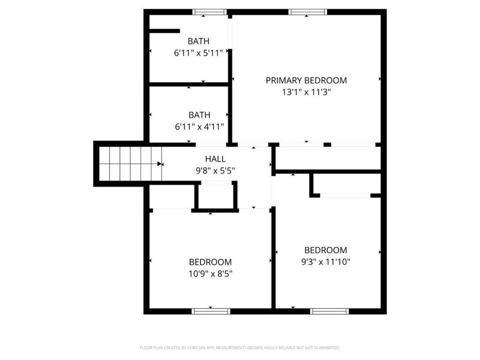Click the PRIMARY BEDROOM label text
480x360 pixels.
click(x=306, y=80)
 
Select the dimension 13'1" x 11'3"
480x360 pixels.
click(x=306, y=92)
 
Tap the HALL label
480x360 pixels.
click(x=215, y=159)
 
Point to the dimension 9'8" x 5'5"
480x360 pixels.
click(x=215, y=170)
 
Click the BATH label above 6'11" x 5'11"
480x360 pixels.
click(x=199, y=41)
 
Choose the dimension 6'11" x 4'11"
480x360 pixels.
click(x=199, y=126)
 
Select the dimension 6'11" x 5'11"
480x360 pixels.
click(x=199, y=53)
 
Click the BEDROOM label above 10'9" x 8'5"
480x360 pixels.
click(x=210, y=262)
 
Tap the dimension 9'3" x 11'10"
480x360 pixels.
click(x=325, y=262)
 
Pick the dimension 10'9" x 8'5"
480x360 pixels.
click(x=210, y=274)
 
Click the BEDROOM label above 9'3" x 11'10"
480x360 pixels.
click(x=325, y=250)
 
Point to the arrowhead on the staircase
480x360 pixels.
click(x=160, y=164)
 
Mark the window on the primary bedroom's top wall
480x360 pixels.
click(x=307, y=11)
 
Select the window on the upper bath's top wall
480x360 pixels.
click(x=209, y=11)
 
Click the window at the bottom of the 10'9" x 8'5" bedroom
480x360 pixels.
click(x=211, y=311)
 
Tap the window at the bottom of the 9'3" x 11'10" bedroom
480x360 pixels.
click(x=329, y=311)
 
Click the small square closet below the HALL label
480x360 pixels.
click(x=214, y=196)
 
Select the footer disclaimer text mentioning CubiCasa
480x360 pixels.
click(x=240, y=347)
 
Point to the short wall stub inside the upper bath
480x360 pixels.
click(x=164, y=31)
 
